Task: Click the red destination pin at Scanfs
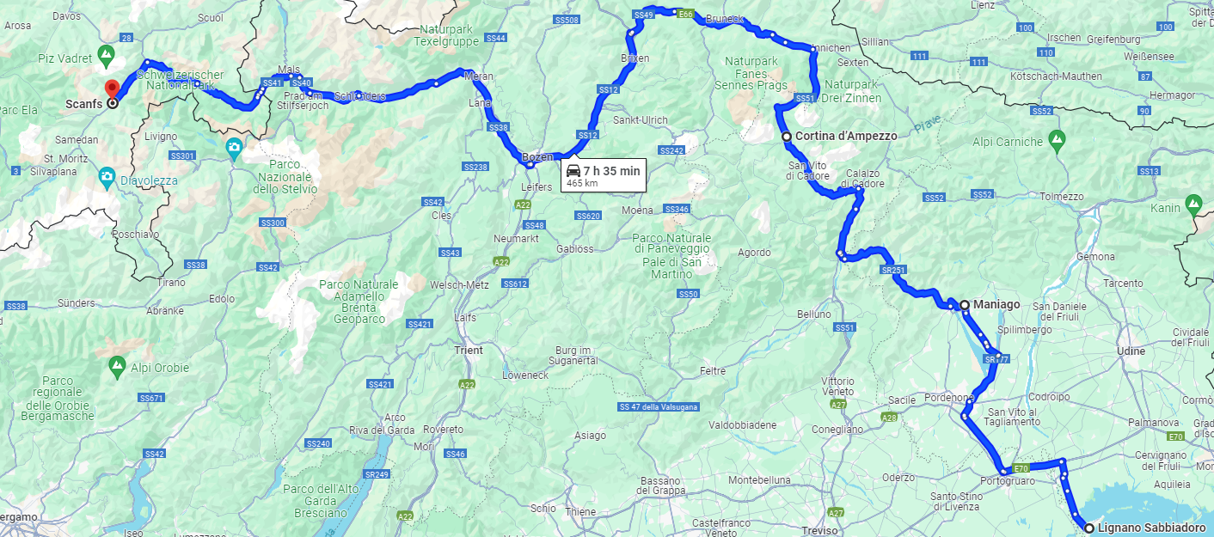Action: (x=111, y=88)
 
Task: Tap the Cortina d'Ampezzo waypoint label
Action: (x=846, y=136)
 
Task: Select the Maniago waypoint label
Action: (x=996, y=304)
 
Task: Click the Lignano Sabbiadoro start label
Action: (x=1151, y=528)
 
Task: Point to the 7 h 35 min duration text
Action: (x=611, y=171)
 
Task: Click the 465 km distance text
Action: (x=581, y=183)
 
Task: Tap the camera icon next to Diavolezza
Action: (x=107, y=178)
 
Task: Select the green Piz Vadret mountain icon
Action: (x=106, y=57)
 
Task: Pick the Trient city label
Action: (x=469, y=351)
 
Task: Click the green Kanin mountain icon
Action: (x=1193, y=204)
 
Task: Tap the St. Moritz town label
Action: (x=61, y=159)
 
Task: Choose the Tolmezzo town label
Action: (x=1061, y=197)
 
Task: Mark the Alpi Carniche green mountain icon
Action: (x=1057, y=138)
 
